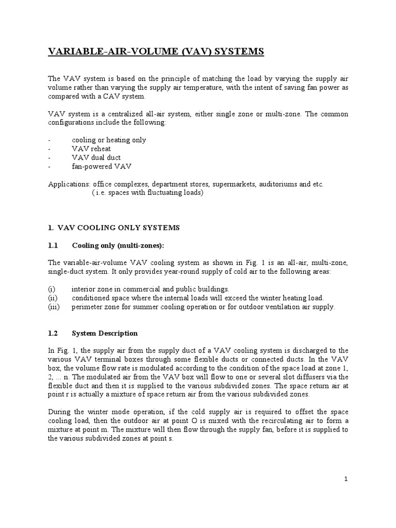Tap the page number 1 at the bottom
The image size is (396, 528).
pyautogui.click(x=347, y=479)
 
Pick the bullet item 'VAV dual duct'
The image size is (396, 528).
pyautogui.click(x=95, y=158)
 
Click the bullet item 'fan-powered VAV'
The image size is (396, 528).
pyautogui.click(x=98, y=167)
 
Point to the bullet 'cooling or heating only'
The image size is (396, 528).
pyautogui.click(x=109, y=140)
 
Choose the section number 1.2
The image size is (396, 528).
pyautogui.click(x=54, y=334)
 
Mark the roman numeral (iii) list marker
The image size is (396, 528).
pyautogui.click(x=54, y=307)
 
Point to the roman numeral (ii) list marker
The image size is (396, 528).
pyautogui.click(x=54, y=298)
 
